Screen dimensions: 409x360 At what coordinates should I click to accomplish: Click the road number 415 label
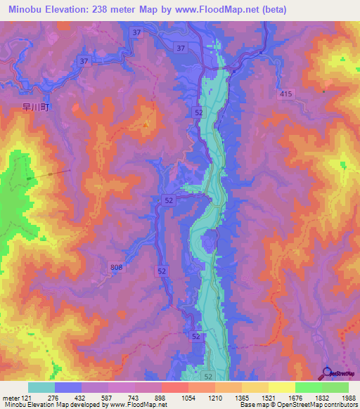click(285, 94)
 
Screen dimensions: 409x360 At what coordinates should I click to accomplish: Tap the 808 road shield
click(116, 266)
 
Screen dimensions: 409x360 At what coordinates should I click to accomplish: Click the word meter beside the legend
click(11, 398)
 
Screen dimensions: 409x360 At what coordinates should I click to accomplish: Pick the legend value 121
click(27, 398)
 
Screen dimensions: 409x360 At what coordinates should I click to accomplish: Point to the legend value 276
click(53, 398)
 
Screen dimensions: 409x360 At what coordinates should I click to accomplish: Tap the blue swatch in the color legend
click(68, 387)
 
